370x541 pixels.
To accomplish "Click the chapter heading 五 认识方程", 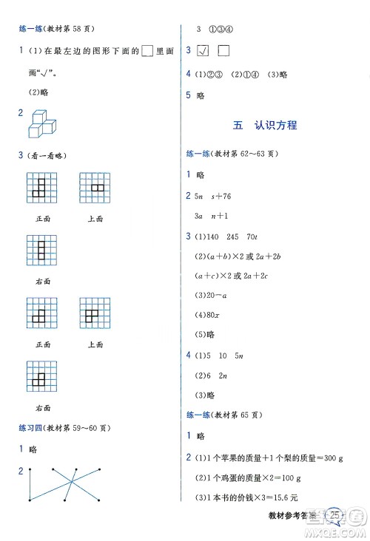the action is [x=264, y=125].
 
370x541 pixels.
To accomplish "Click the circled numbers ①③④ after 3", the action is [x=221, y=30].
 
